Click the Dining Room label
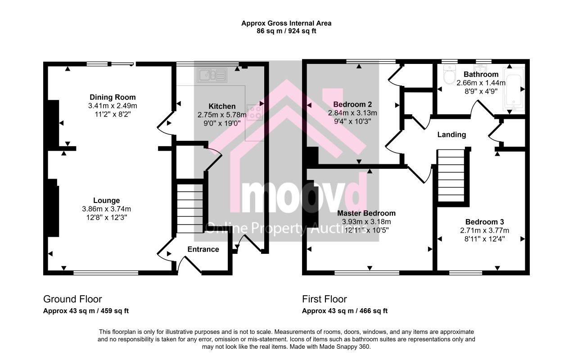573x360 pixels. click(113, 97)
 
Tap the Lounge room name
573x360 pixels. click(106, 200)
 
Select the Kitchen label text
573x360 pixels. click(222, 106)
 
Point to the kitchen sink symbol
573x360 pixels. click(212, 75)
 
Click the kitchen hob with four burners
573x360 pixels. click(255, 112)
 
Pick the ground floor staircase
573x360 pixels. click(190, 208)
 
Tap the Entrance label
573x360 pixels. click(203, 249)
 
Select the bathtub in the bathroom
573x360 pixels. click(514, 89)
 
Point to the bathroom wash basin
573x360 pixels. click(481, 68)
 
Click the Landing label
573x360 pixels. click(451, 135)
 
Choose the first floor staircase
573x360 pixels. click(451, 176)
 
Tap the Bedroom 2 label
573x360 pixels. click(352, 104)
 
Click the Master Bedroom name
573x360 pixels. click(366, 213)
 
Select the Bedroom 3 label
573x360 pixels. click(484, 222)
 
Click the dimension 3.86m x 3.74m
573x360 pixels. click(106, 209)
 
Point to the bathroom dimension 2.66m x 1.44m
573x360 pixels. click(481, 83)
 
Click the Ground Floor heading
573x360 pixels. click(72, 299)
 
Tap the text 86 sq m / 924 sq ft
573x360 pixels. click(286, 31)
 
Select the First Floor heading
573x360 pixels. click(325, 299)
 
